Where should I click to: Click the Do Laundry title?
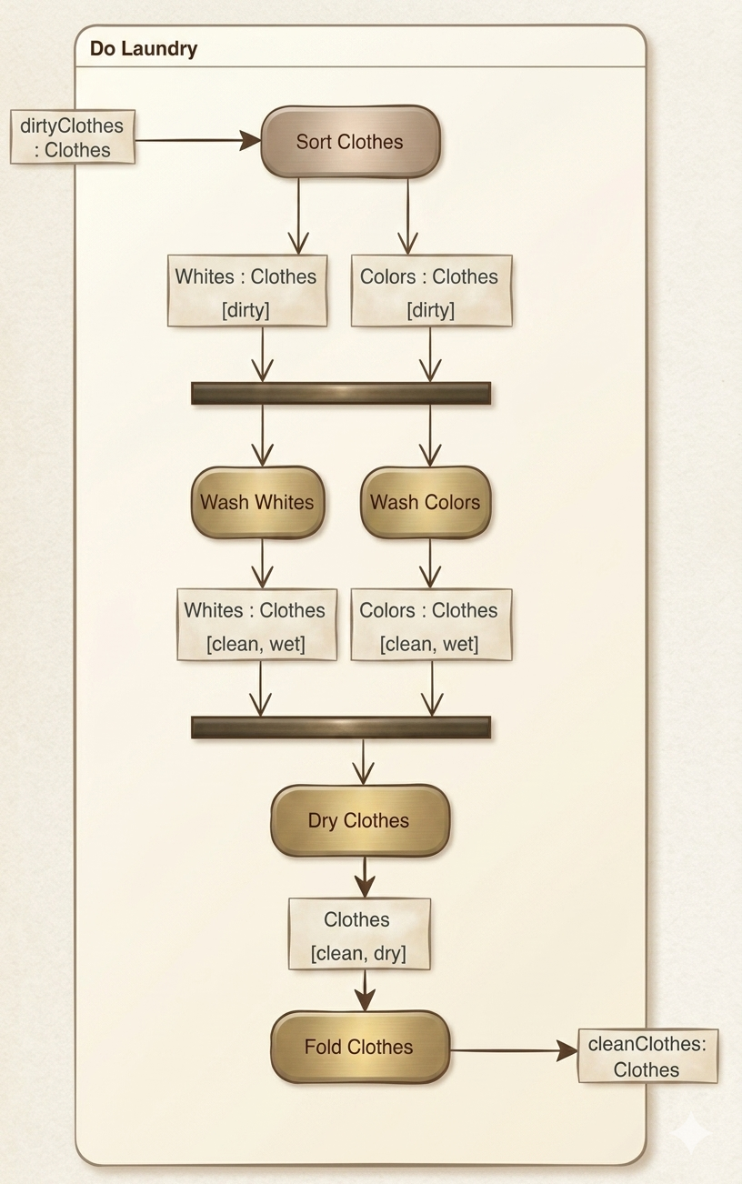pos(144,49)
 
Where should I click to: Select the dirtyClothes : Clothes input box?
pos(73,137)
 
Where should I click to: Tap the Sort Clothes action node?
pos(350,142)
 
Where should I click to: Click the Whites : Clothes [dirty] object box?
pos(246,292)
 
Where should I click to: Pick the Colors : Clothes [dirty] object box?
pos(431,292)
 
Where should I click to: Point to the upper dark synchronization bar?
pos(341,393)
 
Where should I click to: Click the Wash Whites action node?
pos(257,502)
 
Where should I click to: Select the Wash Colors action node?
pos(426,502)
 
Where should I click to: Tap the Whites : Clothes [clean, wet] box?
pos(256,626)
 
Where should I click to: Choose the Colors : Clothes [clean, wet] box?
pos(431,626)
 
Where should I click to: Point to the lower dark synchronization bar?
pos(341,727)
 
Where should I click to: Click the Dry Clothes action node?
pos(360,820)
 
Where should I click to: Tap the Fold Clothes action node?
pos(360,1047)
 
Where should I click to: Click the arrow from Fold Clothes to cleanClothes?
pos(514,1050)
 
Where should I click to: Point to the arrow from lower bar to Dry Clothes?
pos(364,761)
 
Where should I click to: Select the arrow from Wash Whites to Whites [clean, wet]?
pos(263,564)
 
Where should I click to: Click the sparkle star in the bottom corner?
pos(691,1133)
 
